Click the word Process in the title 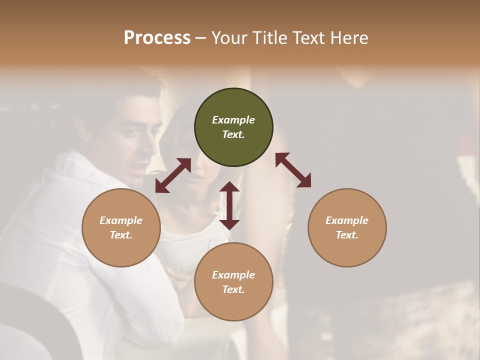click(x=157, y=38)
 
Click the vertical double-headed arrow click(x=229, y=205)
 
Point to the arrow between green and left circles click(x=173, y=175)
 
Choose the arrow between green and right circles click(x=293, y=170)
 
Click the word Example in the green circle click(x=233, y=120)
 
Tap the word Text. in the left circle click(x=121, y=235)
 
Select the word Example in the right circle click(x=347, y=220)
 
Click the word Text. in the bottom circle click(x=233, y=289)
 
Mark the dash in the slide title click(x=200, y=38)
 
